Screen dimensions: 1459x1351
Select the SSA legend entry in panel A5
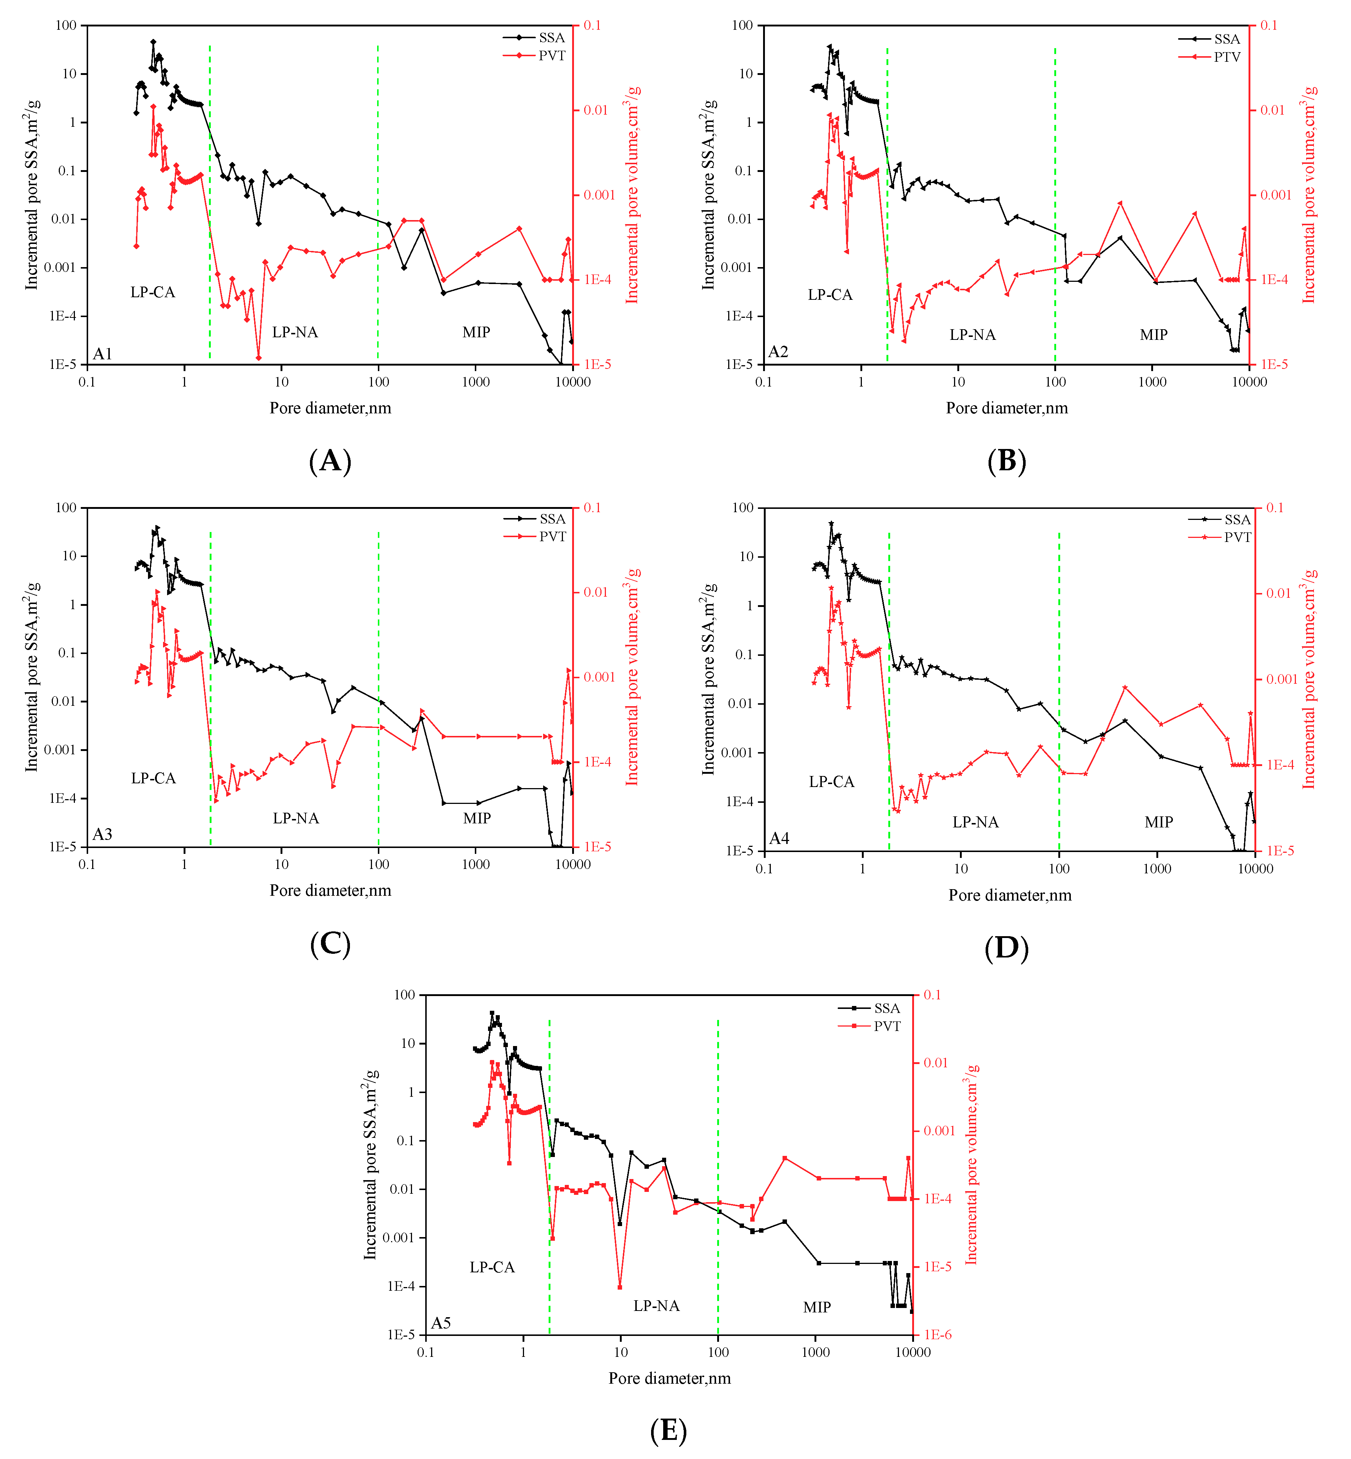887,1009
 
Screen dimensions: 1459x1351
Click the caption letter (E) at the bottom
668,1430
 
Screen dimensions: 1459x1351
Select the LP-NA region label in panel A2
972,335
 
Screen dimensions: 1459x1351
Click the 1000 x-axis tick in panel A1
475,382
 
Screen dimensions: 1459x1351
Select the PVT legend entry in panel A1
552,55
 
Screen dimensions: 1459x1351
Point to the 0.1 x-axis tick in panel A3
87,865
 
